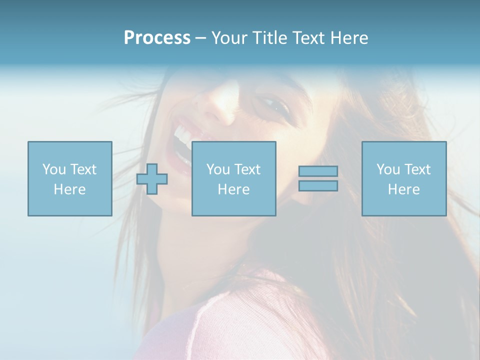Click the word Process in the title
pyautogui.click(x=157, y=38)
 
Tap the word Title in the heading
pyautogui.click(x=268, y=38)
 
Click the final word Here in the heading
pyautogui.click(x=349, y=38)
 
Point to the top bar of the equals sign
pyautogui.click(x=318, y=171)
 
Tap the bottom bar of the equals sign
pyautogui.click(x=318, y=186)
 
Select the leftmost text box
pyautogui.click(x=69, y=178)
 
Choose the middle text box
pyautogui.click(x=233, y=178)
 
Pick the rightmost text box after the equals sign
pyautogui.click(x=403, y=178)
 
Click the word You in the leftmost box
pyautogui.click(x=54, y=169)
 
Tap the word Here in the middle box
pyautogui.click(x=233, y=189)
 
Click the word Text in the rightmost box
pyautogui.click(x=416, y=169)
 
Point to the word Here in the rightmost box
pyautogui.click(x=403, y=189)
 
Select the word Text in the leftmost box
pyautogui.click(x=82, y=169)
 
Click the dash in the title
pyautogui.click(x=201, y=38)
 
